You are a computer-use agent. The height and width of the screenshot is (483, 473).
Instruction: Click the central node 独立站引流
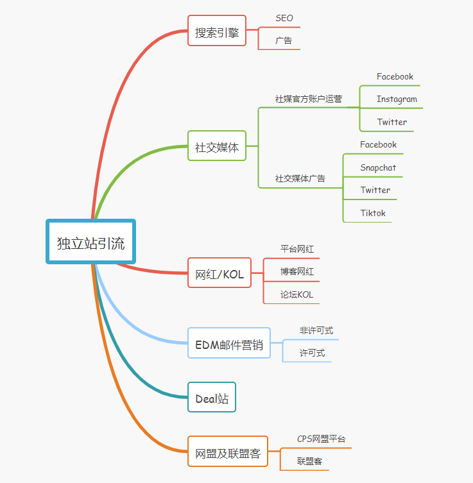90,242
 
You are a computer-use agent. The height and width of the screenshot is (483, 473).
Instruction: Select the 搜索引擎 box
216,30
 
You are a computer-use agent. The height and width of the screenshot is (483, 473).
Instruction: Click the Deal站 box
211,398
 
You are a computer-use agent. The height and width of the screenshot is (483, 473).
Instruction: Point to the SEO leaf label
284,18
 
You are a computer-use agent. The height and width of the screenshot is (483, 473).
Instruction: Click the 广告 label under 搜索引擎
284,40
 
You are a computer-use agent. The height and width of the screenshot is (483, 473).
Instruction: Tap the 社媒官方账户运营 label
308,99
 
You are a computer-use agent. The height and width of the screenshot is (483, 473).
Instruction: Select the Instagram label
397,99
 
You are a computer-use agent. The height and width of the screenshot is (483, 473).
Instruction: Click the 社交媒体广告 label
300,178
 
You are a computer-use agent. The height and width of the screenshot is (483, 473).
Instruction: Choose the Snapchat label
378,167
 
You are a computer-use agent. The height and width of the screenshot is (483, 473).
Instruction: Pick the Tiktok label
373,213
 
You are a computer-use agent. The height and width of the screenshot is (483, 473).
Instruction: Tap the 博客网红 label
297,271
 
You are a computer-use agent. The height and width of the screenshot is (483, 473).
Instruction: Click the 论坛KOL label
297,294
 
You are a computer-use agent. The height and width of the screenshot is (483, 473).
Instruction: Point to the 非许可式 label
316,330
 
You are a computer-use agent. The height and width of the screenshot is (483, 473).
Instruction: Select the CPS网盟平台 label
321,439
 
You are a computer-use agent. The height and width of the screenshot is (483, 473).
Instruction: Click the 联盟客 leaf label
309,461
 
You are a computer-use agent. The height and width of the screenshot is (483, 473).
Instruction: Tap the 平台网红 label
297,248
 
